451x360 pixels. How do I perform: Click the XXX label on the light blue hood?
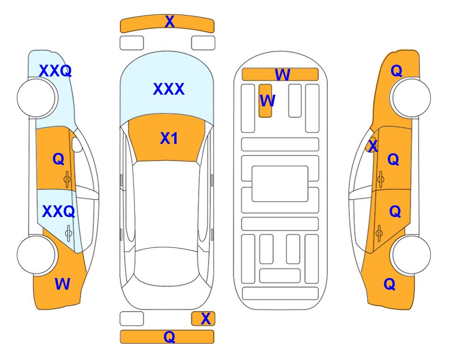[x=169, y=89]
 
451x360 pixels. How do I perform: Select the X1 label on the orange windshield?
[x=169, y=138]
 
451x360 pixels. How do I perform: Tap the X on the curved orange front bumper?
[x=170, y=21]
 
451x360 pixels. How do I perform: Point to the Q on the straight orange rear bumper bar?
[x=169, y=337]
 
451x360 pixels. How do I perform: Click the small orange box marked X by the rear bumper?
[x=203, y=319]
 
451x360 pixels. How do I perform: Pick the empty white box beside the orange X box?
[x=132, y=319]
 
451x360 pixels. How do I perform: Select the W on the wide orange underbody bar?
[x=282, y=75]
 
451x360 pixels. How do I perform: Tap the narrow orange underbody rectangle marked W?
[x=265, y=101]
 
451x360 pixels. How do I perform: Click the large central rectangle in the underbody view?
[x=280, y=184]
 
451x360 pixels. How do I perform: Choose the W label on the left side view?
[x=62, y=284]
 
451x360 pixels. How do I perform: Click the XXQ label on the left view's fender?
[x=55, y=71]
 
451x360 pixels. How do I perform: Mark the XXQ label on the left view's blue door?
[x=59, y=212]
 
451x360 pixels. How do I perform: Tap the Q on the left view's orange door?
[x=59, y=159]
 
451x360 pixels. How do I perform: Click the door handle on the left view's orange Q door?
[x=67, y=179]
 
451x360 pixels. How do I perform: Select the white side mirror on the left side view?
[x=77, y=144]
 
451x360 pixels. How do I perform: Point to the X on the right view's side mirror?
[x=373, y=145]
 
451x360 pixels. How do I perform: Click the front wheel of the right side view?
[x=410, y=98]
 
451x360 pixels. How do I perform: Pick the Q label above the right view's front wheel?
[x=396, y=71]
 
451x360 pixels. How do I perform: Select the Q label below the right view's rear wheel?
[x=390, y=284]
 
